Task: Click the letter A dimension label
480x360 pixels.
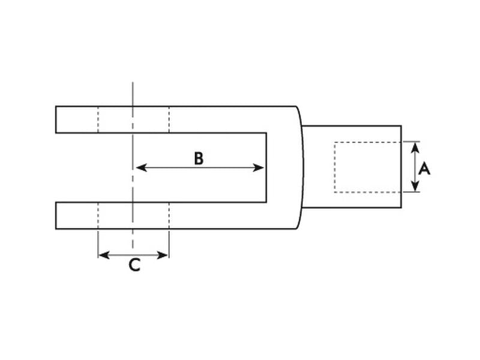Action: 424,169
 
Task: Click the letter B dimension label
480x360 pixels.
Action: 199,158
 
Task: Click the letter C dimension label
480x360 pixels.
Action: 134,265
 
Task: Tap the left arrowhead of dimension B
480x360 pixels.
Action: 140,167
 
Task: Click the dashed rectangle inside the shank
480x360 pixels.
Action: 335,167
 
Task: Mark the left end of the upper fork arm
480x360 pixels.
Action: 56,119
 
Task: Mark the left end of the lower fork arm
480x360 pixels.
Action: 56,215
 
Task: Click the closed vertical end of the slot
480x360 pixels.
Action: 266,167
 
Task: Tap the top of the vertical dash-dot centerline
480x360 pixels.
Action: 132,84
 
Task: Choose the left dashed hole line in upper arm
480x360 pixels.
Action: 98,119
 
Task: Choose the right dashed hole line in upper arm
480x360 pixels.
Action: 169,119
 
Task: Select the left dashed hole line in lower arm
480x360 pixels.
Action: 98,215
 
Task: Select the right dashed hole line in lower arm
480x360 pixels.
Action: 169,215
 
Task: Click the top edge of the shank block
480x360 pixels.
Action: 351,125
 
